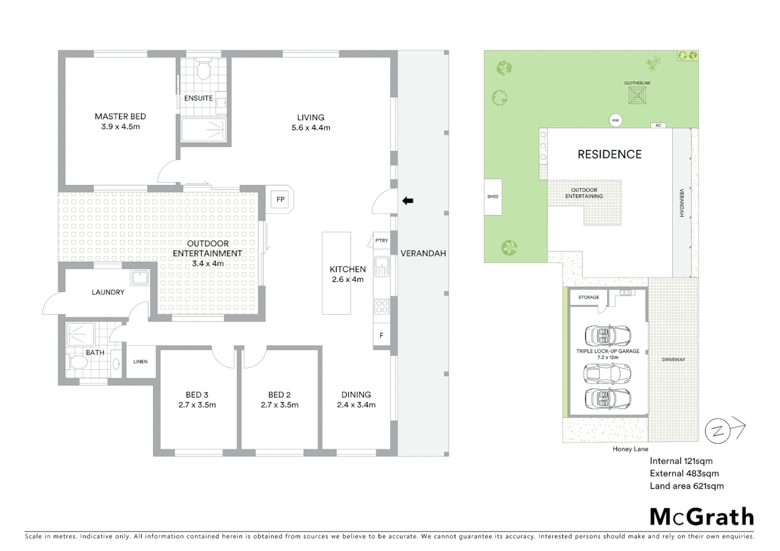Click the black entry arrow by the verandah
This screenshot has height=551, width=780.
point(408,201)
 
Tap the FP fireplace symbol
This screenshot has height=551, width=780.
point(280,199)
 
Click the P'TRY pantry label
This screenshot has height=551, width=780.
point(381,241)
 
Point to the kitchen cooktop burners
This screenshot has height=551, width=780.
point(382,307)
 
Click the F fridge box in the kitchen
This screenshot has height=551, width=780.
point(381,336)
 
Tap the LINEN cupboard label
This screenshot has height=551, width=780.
point(140,362)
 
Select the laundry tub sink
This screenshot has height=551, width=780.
point(139,278)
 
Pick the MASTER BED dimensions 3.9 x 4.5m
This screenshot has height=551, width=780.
point(120,127)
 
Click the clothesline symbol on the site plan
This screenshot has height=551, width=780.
point(637,95)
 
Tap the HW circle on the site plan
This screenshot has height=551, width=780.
point(616,121)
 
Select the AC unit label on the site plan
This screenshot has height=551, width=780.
point(658,126)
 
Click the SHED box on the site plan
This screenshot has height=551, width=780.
point(493,196)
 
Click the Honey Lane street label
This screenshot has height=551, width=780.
point(630,449)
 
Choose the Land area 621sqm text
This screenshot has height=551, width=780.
point(687,486)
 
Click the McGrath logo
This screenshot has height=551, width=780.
point(702,517)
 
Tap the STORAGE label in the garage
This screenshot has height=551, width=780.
point(589,297)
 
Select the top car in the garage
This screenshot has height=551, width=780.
point(607,336)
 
